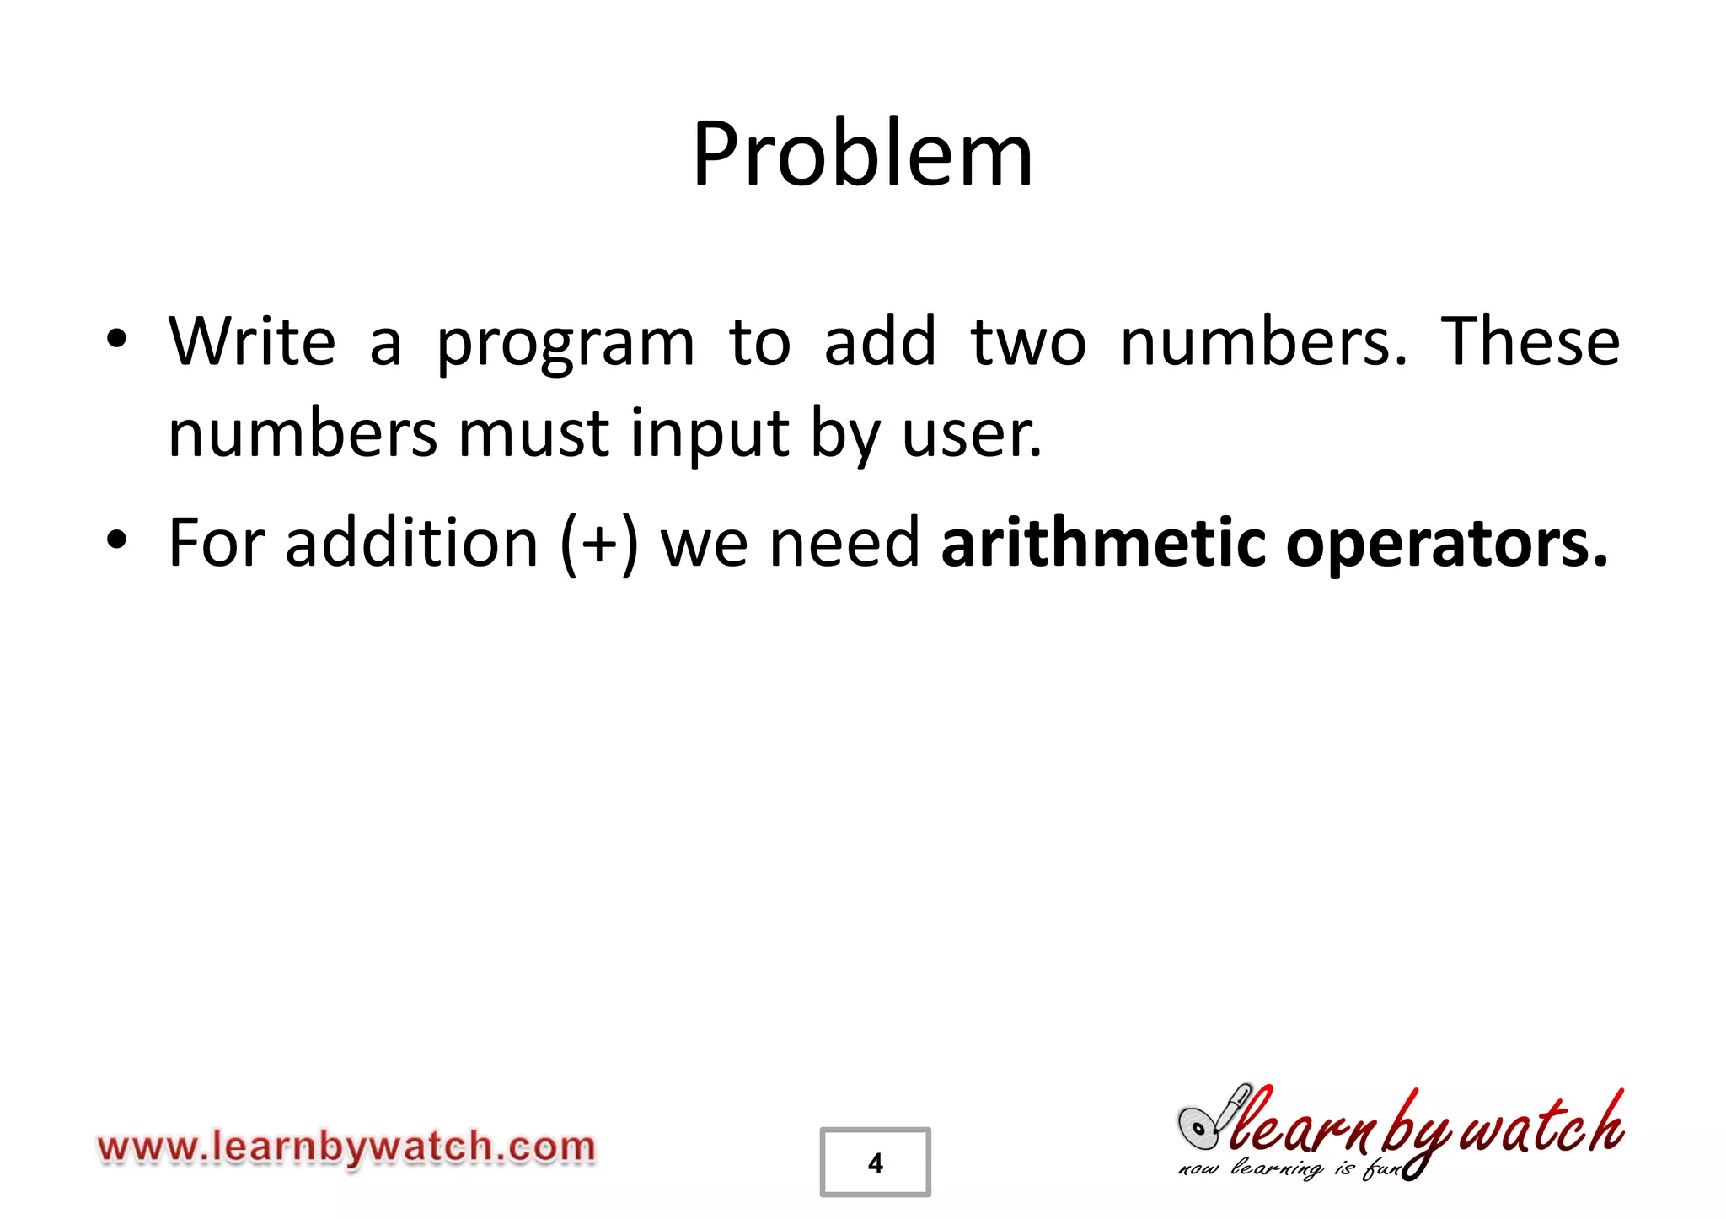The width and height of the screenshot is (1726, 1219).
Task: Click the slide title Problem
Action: pos(862,155)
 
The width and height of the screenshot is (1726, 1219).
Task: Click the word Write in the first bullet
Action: pos(252,341)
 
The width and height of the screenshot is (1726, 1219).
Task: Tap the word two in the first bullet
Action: pos(1028,341)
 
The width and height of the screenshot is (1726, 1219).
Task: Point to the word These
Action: pos(1530,341)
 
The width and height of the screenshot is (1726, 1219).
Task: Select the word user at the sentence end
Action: pos(969,435)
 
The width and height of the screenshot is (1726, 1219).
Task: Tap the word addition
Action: pos(411,543)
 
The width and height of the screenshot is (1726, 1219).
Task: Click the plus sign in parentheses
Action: pos(599,545)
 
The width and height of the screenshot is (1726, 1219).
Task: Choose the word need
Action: pos(845,543)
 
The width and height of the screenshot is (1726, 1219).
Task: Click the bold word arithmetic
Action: pos(1102,543)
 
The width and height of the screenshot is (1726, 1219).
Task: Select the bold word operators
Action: pos(1446,545)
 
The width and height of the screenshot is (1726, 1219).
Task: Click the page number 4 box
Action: pos(875,1162)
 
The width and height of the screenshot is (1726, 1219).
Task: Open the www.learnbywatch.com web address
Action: pos(346,1148)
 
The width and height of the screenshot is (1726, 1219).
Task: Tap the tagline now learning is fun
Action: pos(1289,1169)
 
